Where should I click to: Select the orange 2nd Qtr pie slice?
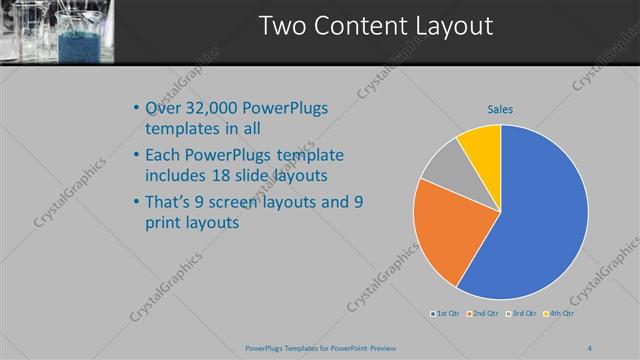click(451, 228)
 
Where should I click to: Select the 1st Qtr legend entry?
click(446, 314)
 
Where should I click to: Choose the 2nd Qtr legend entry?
click(484, 314)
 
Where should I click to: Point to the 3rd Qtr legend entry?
click(522, 314)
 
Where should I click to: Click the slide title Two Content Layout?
click(376, 27)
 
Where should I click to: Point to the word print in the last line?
click(166, 224)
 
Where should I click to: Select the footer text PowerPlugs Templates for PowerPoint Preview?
click(319, 348)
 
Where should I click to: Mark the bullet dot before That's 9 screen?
click(136, 202)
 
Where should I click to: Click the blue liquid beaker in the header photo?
click(75, 45)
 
